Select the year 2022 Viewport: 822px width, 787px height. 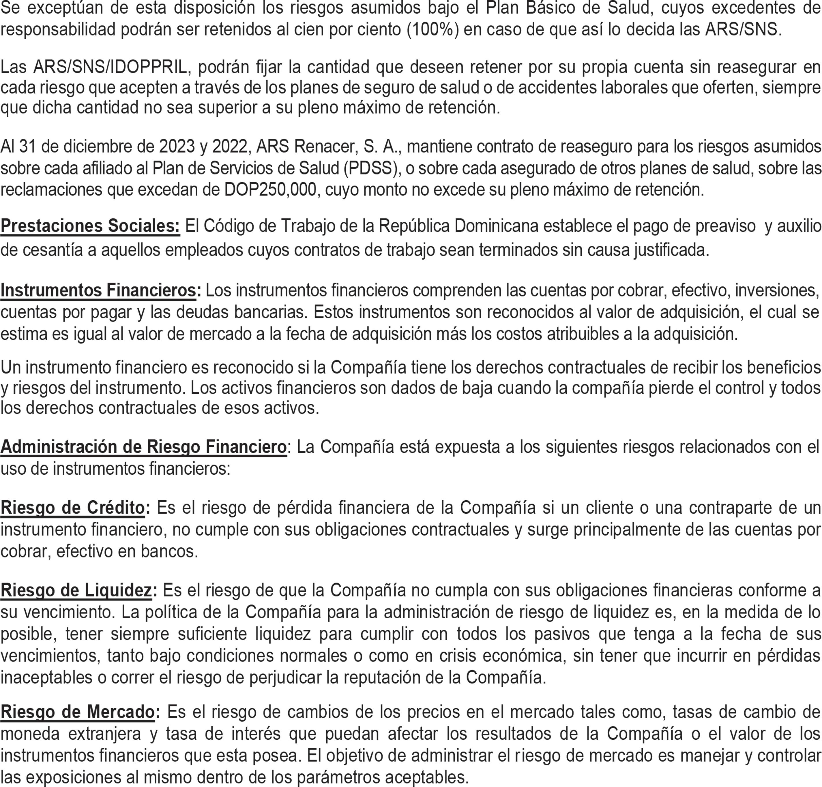230,146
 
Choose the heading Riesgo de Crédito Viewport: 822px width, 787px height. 72,508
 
